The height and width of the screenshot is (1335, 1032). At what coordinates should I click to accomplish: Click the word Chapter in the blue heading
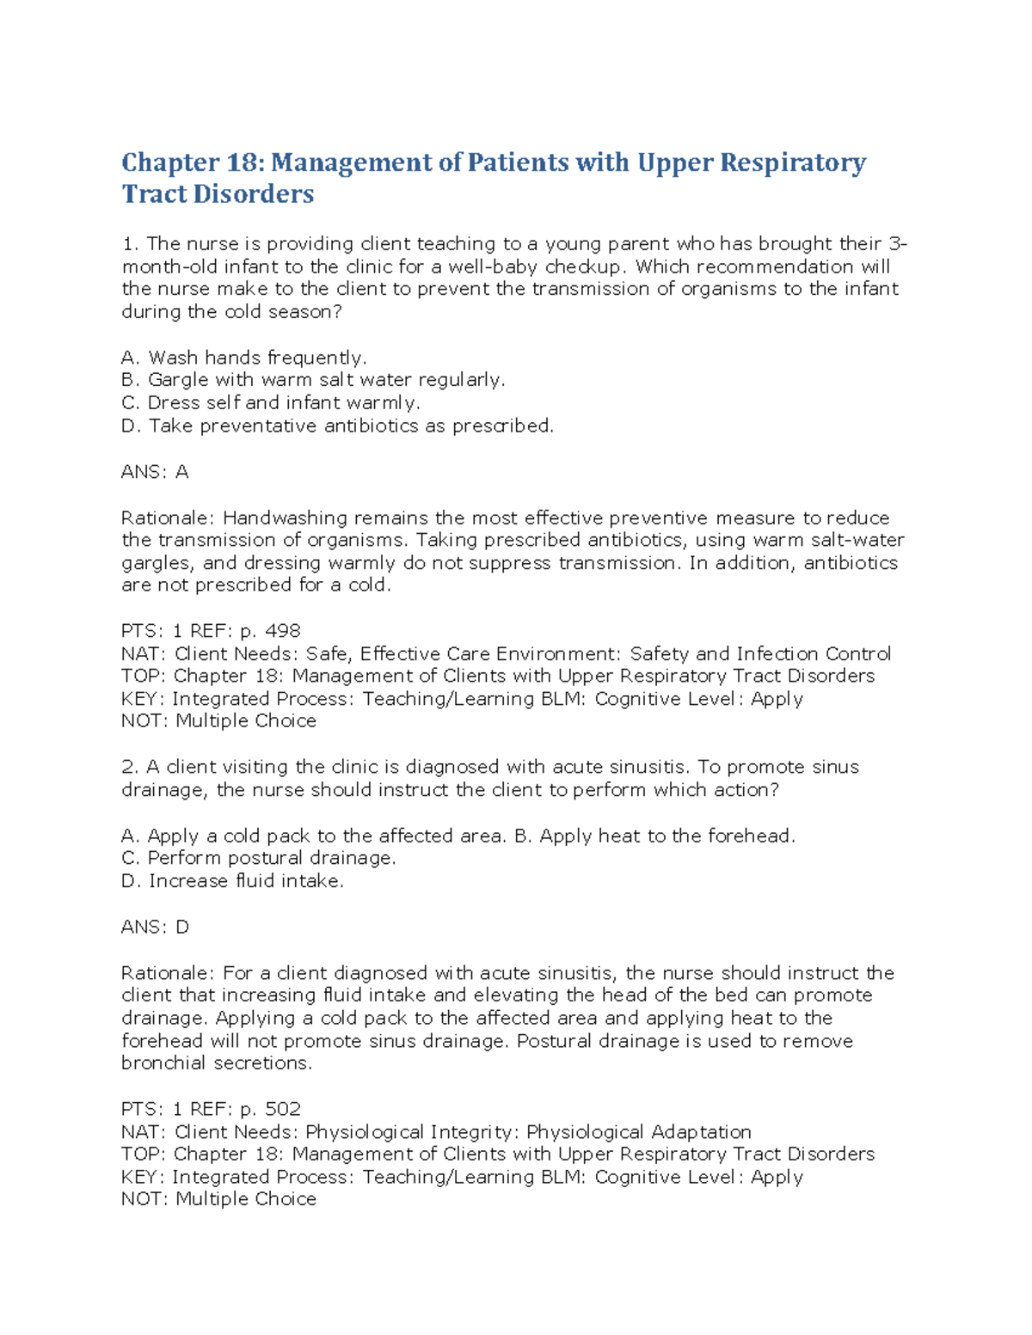pos(170,162)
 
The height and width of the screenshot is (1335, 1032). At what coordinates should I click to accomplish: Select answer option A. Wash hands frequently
pos(244,358)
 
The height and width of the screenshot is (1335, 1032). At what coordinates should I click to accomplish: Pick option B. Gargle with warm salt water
pos(313,380)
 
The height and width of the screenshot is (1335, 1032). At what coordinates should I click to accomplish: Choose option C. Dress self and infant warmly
pos(271,403)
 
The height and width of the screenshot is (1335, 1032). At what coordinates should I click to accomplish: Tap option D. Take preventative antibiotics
pos(337,426)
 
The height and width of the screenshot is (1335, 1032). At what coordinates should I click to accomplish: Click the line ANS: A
pos(155,472)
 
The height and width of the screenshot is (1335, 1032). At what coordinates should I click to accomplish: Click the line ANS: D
pos(155,928)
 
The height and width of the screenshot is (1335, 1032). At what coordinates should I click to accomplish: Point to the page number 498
pos(283,631)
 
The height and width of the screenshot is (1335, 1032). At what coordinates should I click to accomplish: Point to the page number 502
pos(283,1109)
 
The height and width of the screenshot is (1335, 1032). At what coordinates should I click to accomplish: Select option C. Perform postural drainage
pos(259,858)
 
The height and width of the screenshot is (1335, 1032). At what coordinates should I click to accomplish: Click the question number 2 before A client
pos(129,767)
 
